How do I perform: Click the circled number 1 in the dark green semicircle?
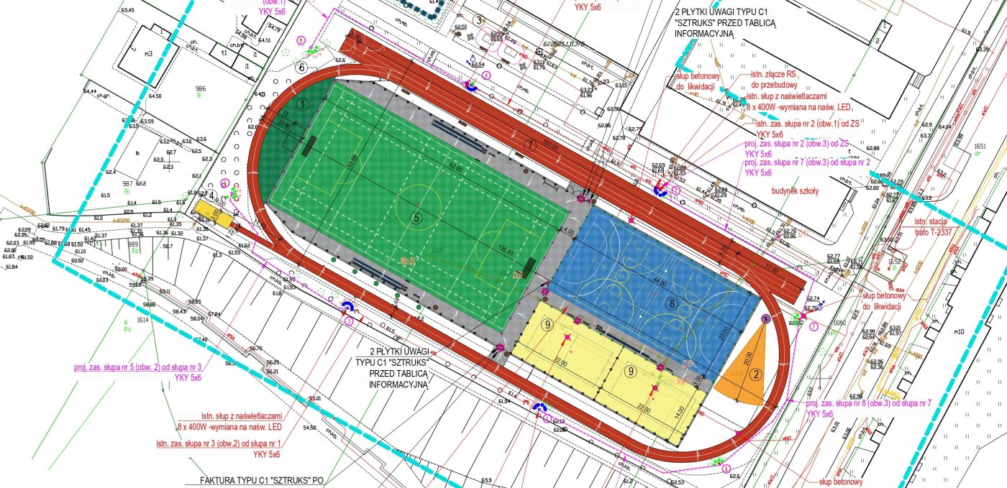[303, 104]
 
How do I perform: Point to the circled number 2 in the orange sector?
[755, 373]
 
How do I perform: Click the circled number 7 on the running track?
[531, 144]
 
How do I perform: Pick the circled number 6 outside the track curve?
[302, 68]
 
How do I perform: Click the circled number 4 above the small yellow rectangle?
[211, 194]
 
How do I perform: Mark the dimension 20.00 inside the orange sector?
[747, 357]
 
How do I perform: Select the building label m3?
[148, 54]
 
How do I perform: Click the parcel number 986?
[201, 88]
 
